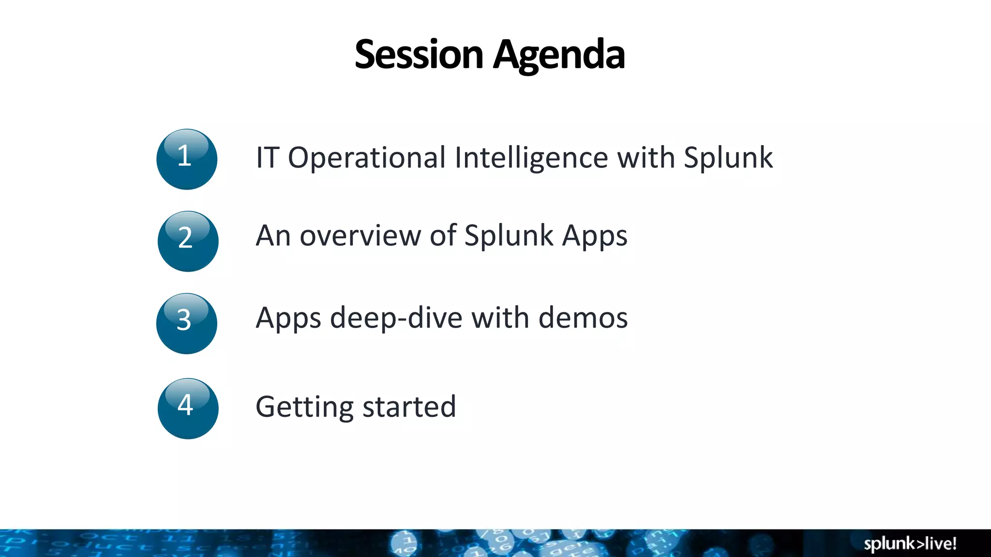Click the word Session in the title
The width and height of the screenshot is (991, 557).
point(419,54)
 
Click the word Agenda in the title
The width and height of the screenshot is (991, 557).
point(559,54)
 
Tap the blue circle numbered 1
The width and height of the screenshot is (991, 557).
point(187,160)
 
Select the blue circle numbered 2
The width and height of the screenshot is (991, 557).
point(188,241)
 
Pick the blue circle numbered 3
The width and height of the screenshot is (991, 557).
point(187,323)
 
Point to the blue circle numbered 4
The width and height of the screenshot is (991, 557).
point(188,409)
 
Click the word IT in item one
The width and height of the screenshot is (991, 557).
point(267,158)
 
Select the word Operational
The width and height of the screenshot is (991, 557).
point(366,158)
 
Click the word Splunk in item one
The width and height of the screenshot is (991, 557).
point(728,158)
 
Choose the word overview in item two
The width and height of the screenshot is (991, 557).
point(360,236)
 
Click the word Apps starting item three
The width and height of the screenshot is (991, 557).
point(288,319)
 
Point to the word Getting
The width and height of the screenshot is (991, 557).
point(304,407)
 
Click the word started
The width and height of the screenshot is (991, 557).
point(409,407)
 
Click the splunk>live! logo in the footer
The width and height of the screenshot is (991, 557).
point(910,543)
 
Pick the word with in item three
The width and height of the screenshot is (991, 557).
point(500,318)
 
